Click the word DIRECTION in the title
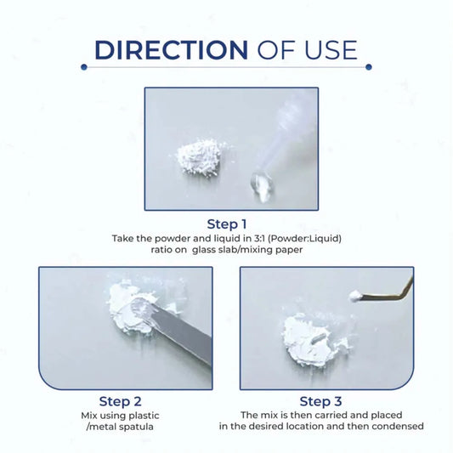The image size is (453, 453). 171,50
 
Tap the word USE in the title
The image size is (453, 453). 331,50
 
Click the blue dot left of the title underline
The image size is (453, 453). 84,67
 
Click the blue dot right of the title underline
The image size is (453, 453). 369,67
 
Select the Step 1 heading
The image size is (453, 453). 227,224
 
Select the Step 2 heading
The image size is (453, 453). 120,401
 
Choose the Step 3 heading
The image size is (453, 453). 320,401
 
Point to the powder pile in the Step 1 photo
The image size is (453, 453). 200,156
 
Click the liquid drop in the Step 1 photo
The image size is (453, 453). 262,186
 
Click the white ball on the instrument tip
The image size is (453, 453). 354,296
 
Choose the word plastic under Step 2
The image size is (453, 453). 144,416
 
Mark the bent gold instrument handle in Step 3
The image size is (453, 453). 387,291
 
